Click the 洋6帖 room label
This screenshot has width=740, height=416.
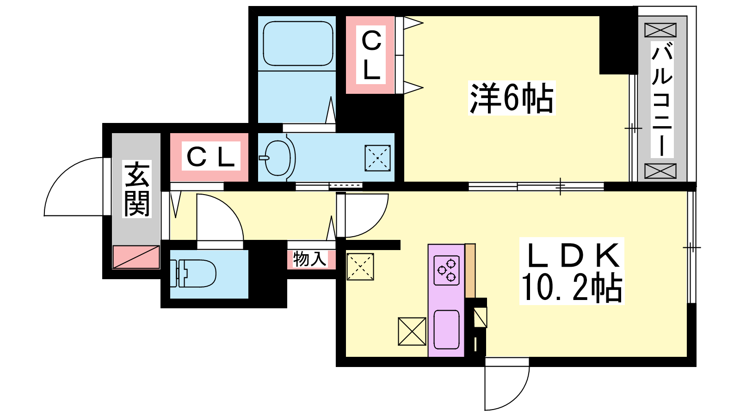512,98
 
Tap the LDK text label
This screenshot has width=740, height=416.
573,255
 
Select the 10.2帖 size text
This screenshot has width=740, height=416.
572,288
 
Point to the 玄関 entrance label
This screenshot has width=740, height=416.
137,189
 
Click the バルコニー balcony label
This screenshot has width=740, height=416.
662,99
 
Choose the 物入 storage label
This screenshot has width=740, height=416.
310,259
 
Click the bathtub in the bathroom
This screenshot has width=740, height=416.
298,44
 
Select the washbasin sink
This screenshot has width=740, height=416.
277,158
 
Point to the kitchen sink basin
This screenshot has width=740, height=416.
446,330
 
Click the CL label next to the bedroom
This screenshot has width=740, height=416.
371,55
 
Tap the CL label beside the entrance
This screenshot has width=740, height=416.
211,157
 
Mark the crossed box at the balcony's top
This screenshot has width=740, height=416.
660,30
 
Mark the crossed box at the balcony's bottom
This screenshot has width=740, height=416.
660,171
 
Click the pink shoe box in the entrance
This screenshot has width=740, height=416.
136,257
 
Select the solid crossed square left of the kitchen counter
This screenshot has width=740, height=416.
412,331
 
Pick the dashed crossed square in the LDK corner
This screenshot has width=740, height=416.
360,267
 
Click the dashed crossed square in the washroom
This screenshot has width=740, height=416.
377,158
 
